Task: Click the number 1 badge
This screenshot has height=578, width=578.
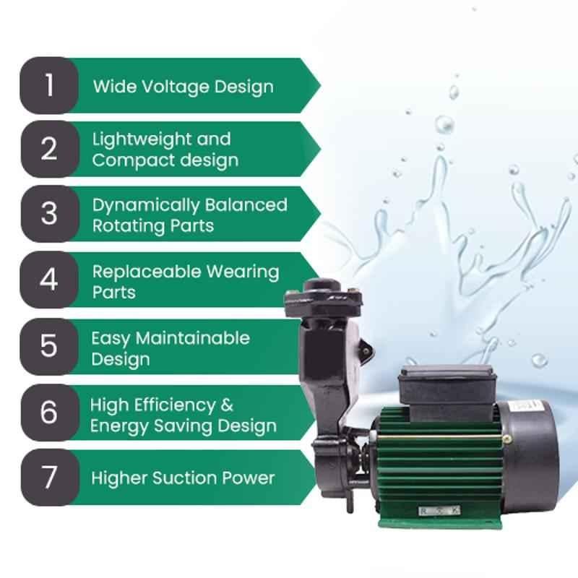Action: pyautogui.click(x=49, y=85)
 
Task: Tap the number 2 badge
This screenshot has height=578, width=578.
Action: pyautogui.click(x=50, y=150)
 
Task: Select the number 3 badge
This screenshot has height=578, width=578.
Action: pyautogui.click(x=50, y=214)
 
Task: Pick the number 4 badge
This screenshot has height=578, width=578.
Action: pyautogui.click(x=49, y=280)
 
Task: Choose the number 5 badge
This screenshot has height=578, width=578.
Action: pyautogui.click(x=49, y=347)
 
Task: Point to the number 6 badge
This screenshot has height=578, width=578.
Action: pyautogui.click(x=50, y=412)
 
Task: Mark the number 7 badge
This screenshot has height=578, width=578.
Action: pyautogui.click(x=50, y=478)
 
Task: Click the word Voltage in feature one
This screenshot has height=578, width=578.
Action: pyautogui.click(x=176, y=87)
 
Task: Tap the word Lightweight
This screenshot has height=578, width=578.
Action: pyautogui.click(x=142, y=140)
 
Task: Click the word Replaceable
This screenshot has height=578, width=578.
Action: pyautogui.click(x=147, y=272)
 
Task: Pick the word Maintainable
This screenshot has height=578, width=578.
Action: pyautogui.click(x=193, y=338)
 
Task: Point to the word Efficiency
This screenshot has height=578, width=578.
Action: pyautogui.click(x=174, y=406)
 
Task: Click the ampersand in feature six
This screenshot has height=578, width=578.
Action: pyautogui.click(x=227, y=405)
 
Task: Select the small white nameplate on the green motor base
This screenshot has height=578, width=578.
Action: pyautogui.click(x=439, y=511)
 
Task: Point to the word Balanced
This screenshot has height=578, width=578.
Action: pyautogui.click(x=246, y=205)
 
